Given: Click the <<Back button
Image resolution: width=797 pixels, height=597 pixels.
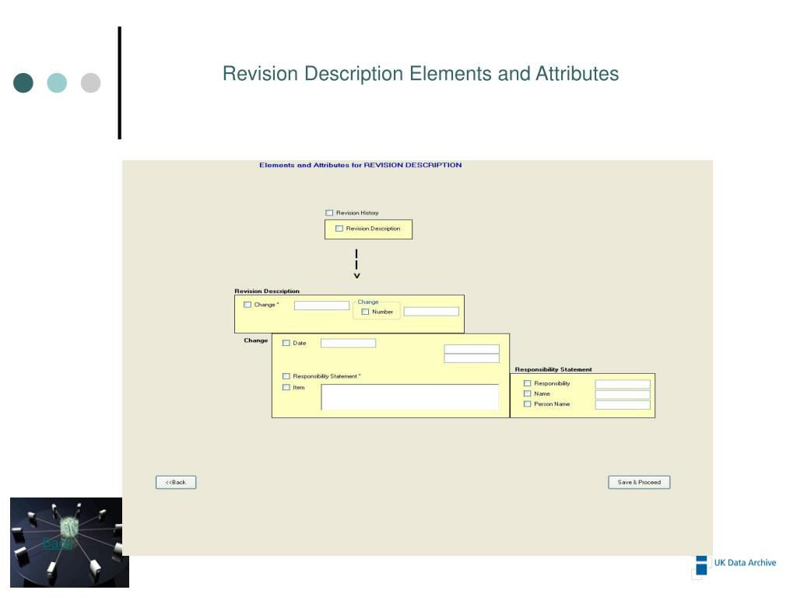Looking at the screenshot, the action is pos(176,482).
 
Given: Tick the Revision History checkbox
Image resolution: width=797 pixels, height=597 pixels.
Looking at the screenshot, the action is pos(329,213).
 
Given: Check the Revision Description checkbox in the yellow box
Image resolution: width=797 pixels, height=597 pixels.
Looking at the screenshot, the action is pos(339,229).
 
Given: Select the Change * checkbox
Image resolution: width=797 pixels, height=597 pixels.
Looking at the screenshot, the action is pos(248,305).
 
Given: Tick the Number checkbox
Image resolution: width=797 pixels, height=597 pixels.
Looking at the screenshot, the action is pos(366,312).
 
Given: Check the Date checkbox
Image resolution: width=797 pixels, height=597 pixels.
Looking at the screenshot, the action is pos(286,343).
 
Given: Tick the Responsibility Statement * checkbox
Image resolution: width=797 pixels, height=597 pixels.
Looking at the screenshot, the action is pos(286,376).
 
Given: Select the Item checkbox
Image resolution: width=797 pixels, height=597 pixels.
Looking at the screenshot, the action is pos(286,387).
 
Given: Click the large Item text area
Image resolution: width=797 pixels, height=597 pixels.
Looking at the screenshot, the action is pos(409,396).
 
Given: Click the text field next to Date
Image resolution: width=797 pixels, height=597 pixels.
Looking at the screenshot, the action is pos(348,343).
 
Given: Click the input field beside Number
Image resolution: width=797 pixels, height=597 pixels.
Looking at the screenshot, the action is pos(431,312).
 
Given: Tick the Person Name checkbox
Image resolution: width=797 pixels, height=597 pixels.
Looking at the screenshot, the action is pos(528,404).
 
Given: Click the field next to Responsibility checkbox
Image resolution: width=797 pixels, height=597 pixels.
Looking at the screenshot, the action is pos(623,384).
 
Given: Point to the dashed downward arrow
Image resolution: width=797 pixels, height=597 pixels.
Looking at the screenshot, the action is pos(356,264).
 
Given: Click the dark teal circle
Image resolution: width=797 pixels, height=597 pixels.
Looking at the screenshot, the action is pos(23,82).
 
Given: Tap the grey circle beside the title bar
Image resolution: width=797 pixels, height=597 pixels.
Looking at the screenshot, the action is pos(91,82).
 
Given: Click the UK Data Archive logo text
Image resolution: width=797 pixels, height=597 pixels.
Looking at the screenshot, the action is pos(745,563).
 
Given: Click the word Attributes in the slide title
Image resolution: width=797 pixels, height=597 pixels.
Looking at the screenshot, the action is pos(577,74).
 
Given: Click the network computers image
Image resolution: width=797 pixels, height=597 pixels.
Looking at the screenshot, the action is pos(69,543).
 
